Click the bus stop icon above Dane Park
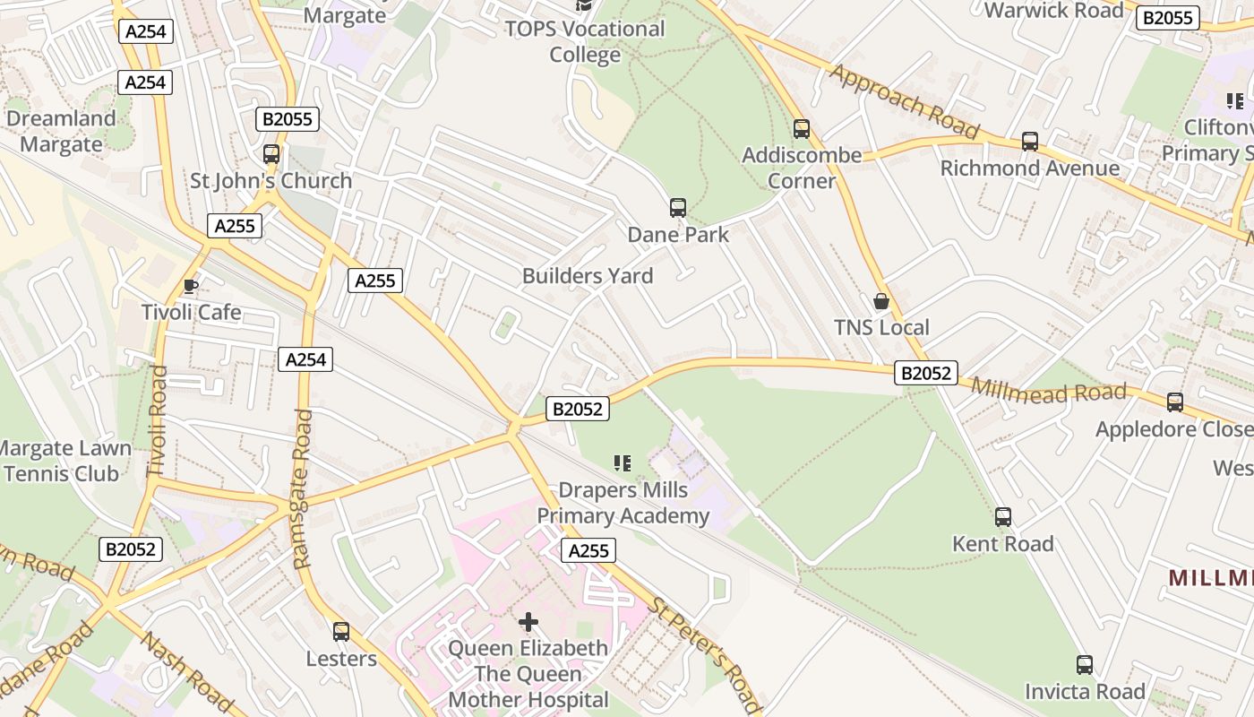coord(678,208)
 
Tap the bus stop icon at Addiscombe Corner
coord(802,129)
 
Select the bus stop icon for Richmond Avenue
coord(1030,142)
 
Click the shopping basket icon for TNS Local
coord(881,301)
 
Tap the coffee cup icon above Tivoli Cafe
coord(190,286)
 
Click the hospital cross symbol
coord(528,621)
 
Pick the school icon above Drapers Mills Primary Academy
coord(623,463)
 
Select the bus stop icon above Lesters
coord(341,632)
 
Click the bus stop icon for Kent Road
coord(1003,517)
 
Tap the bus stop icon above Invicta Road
coord(1085,665)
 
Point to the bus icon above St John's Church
coord(271,154)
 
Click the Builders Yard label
coord(588,276)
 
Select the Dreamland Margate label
coord(61,132)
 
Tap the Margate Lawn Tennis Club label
coord(64,461)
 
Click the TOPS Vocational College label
coord(585,41)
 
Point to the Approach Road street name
coord(904,100)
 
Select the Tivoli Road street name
coord(158,420)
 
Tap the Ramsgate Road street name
coord(303,488)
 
